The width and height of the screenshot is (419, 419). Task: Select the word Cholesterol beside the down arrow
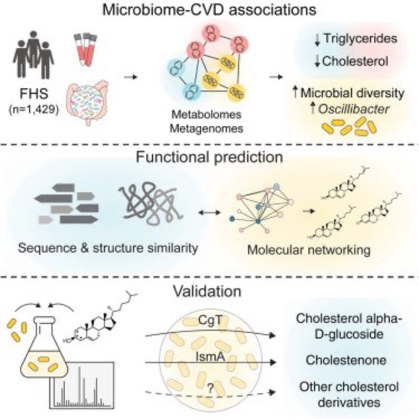[355, 61]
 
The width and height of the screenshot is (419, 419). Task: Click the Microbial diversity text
[352, 93]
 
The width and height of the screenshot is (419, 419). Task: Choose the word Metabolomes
[206, 114]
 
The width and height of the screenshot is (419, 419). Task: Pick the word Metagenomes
[206, 129]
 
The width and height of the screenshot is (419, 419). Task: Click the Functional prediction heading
[209, 157]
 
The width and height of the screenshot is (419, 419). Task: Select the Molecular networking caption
[309, 250]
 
